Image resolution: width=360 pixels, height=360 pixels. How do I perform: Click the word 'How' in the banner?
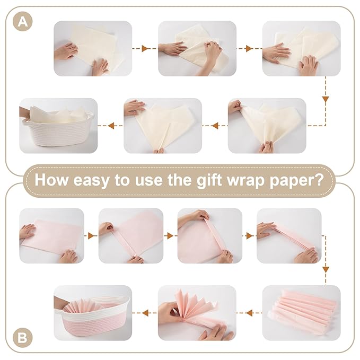point(51,179)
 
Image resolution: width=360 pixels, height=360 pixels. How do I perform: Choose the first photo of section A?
point(93,48)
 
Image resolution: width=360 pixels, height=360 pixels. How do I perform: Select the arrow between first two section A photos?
point(144,48)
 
